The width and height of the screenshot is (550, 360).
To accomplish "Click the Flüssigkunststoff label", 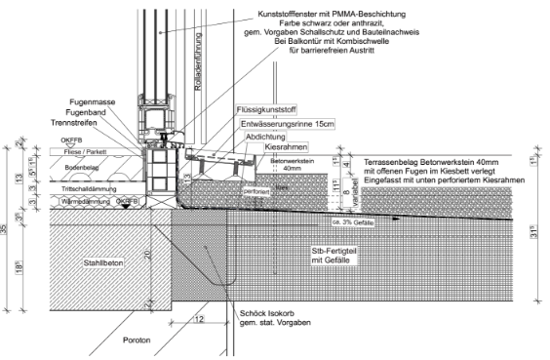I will tap(266, 110).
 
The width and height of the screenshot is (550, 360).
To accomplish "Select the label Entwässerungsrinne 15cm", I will tap(289, 125).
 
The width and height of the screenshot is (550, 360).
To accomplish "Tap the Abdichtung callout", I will tap(265, 138).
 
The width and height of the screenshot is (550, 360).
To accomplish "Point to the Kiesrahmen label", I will tap(286, 147).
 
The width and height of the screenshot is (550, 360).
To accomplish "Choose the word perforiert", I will tap(256, 192).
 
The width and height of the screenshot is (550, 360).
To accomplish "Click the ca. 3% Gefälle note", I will tap(353, 222).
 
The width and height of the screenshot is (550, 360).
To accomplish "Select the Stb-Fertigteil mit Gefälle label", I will tap(334, 256).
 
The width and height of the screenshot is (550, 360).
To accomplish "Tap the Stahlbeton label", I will tap(102, 263).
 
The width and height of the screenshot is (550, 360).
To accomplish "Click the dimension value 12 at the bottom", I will tap(199, 319).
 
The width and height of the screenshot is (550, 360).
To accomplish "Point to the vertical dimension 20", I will tap(147, 256).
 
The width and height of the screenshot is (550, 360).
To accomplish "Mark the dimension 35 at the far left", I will tap(4, 228).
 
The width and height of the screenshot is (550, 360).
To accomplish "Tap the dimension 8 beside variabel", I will tap(346, 194).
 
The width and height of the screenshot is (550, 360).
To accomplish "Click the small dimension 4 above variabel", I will tap(346, 165).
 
